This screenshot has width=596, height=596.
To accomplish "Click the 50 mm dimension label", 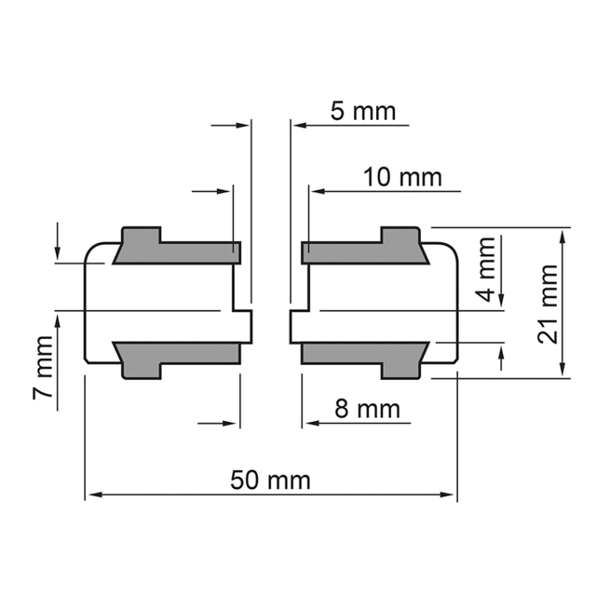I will point(270,480).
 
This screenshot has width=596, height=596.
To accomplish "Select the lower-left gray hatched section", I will point(177,355).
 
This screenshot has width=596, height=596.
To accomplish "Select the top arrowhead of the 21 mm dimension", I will point(562,233).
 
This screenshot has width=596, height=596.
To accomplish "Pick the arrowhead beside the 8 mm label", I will point(309,423).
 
